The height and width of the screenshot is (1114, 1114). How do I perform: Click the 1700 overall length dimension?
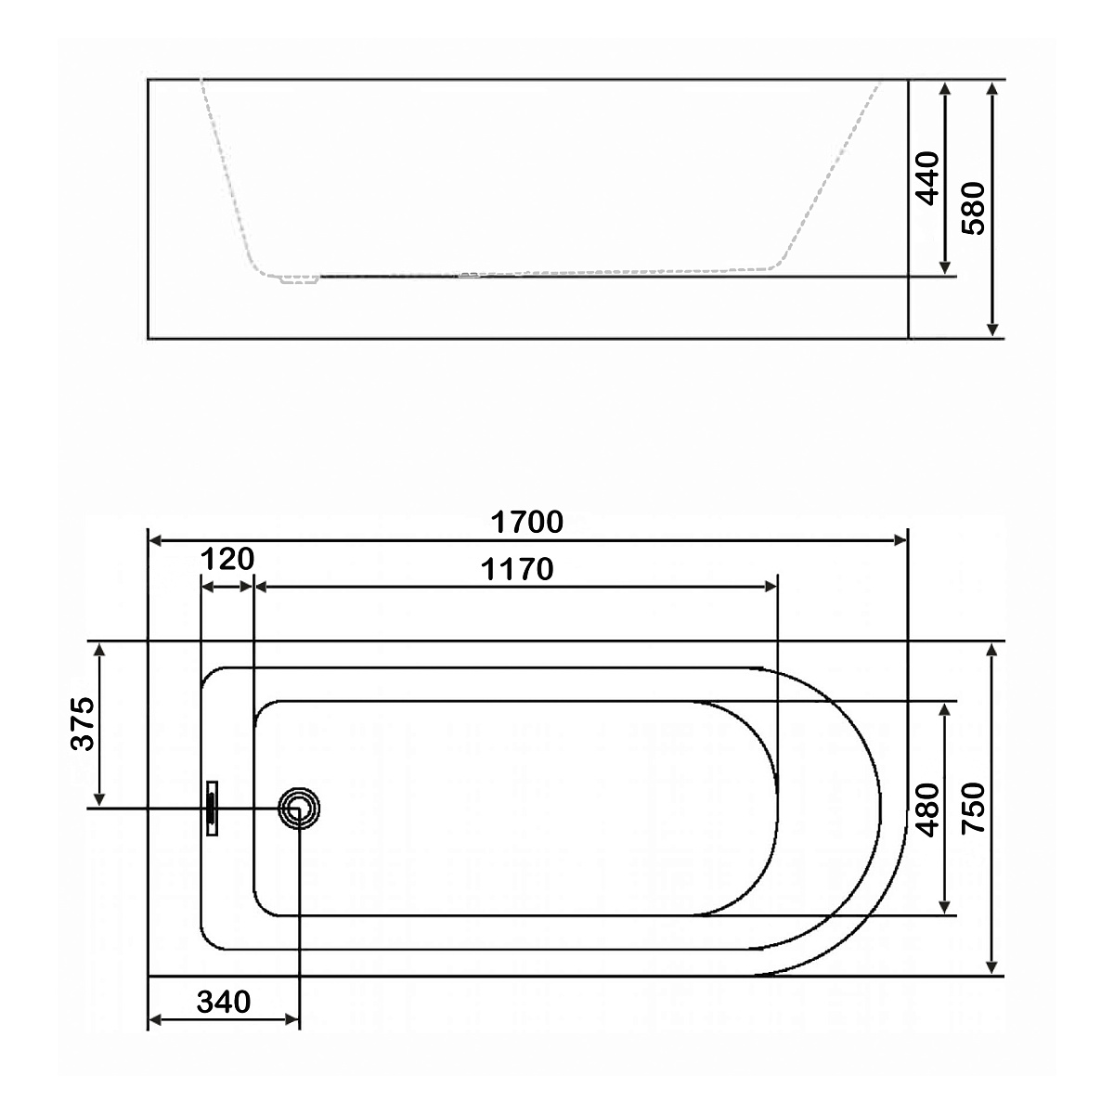click(x=526, y=522)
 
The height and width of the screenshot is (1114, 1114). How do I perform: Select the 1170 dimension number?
click(x=517, y=569)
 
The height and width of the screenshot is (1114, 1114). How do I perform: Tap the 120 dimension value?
click(x=227, y=559)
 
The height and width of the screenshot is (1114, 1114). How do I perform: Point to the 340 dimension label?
click(x=224, y=1002)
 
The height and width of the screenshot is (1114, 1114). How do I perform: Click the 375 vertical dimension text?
click(x=82, y=724)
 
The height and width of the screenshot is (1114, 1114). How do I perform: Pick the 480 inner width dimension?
click(x=928, y=810)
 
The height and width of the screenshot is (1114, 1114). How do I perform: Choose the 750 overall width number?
click(x=974, y=809)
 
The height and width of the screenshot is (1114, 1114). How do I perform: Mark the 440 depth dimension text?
click(x=928, y=178)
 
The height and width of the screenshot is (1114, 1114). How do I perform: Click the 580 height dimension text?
click(x=974, y=208)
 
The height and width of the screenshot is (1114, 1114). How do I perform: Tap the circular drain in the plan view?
click(x=299, y=809)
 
